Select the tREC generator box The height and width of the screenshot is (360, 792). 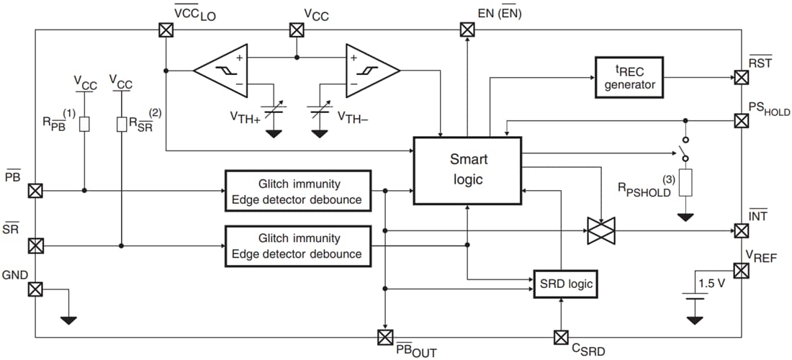[629, 77]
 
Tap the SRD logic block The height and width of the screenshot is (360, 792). [566, 284]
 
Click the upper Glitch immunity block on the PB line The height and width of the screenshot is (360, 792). [297, 191]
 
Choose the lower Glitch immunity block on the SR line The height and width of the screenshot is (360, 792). [297, 246]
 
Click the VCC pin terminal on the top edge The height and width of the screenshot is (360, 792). [295, 30]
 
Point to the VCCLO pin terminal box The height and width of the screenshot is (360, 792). [166, 30]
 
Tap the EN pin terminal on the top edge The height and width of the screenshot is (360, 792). [467, 30]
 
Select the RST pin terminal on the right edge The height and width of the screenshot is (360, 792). [740, 77]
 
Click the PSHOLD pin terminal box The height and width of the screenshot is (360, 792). [740, 120]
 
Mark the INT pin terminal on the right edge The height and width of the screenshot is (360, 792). [740, 230]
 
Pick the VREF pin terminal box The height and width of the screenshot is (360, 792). [740, 271]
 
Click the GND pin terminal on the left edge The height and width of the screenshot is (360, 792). [35, 289]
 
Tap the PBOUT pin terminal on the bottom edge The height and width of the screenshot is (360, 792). [385, 336]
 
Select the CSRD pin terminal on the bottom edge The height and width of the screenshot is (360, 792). [561, 336]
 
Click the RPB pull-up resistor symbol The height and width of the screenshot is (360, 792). [84, 124]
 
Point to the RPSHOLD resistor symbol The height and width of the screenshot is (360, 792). [685, 183]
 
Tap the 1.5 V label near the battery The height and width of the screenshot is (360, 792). [711, 283]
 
